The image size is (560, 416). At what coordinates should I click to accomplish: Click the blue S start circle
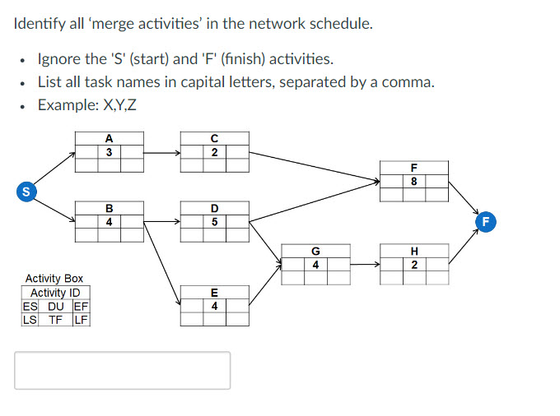(x=27, y=192)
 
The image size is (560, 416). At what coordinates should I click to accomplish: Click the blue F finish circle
(x=486, y=222)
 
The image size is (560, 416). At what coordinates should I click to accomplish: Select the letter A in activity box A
(x=109, y=138)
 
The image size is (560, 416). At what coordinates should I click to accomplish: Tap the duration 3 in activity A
(x=109, y=152)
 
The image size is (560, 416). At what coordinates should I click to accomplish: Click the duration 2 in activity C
(x=214, y=152)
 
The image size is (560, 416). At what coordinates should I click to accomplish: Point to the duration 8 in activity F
(x=413, y=181)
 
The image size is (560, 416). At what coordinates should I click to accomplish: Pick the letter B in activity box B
(x=109, y=208)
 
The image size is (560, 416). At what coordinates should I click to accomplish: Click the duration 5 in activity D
(x=214, y=221)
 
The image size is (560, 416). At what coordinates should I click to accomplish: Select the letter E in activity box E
(x=214, y=293)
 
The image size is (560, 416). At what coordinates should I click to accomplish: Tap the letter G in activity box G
(x=315, y=251)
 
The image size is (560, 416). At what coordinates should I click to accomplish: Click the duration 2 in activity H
(x=413, y=265)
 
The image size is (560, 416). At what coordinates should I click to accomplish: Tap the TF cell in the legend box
(x=55, y=320)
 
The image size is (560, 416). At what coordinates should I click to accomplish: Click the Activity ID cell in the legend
(x=55, y=294)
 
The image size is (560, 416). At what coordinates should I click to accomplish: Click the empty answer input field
(x=122, y=370)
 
